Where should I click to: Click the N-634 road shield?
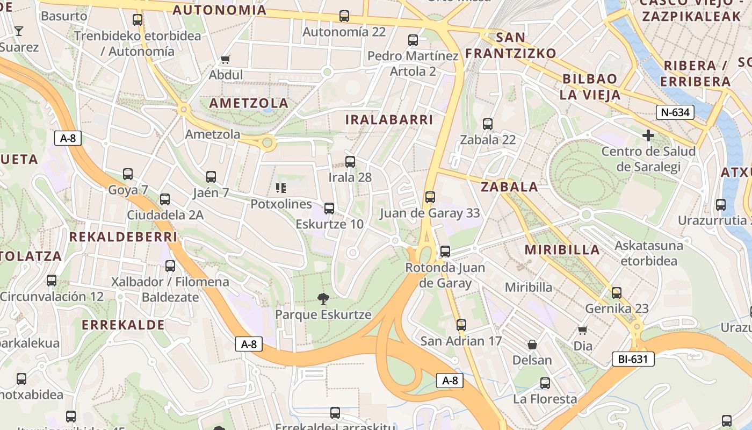click(675, 112)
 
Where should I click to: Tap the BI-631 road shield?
click(633, 359)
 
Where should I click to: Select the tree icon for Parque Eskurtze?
click(323, 299)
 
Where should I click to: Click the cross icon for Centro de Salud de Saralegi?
click(648, 135)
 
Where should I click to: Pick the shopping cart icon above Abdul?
click(226, 59)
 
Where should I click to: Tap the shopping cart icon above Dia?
click(583, 330)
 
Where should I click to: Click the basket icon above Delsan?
click(532, 345)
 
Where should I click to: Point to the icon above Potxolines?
click(281, 188)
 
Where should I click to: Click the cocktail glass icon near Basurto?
click(19, 31)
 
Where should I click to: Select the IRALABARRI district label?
click(389, 119)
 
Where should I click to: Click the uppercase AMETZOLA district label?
click(249, 103)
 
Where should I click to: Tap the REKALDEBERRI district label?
click(123, 237)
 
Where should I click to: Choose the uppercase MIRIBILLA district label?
click(562, 249)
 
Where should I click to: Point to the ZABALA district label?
click(509, 187)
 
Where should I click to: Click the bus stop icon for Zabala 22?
click(488, 124)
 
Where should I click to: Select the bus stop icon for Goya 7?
click(128, 174)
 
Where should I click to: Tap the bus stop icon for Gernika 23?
click(617, 293)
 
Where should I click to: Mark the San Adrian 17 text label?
click(461, 341)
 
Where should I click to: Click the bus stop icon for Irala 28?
click(350, 161)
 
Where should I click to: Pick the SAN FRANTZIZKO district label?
click(510, 45)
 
